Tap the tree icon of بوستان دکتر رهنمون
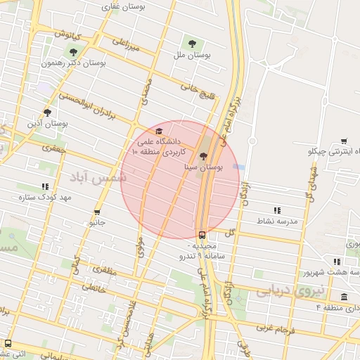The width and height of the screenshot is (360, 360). coord(73,51)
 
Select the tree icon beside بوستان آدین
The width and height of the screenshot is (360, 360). coord(47,112)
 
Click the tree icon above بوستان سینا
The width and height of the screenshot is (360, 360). coord(203,157)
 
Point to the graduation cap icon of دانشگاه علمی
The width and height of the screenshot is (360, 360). coord(159,131)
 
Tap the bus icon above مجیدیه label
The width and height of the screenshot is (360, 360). coord(202,236)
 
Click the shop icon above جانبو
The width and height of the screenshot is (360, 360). coord(97,212)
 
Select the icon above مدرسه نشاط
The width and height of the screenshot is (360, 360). coord(277,210)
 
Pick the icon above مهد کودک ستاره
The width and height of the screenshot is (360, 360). coord(45,186)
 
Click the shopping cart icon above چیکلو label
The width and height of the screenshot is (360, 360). coord(344,141)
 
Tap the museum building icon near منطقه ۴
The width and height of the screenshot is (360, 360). coord(344,297)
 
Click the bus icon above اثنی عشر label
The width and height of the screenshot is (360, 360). coord(8,343)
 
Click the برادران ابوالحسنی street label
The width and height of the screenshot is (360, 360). coord(84,105)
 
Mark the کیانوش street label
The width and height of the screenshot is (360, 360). coord(68,34)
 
